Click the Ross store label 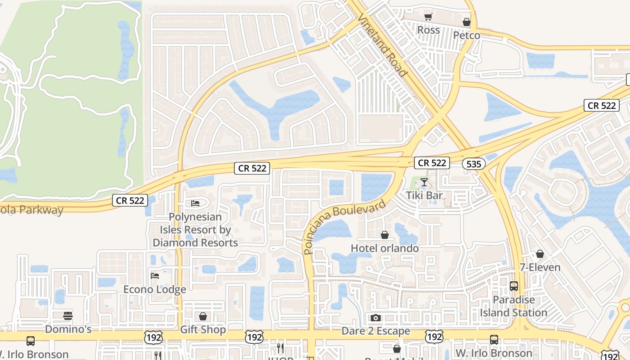click(x=428, y=30)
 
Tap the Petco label click(x=467, y=35)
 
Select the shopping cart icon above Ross click(x=428, y=17)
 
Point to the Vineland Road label click(x=382, y=45)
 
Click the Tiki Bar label click(x=424, y=195)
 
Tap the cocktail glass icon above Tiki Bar click(x=424, y=182)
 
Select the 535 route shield click(x=474, y=164)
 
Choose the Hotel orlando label click(x=385, y=248)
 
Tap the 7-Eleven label click(x=540, y=267)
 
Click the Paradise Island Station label click(x=513, y=306)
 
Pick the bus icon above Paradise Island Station click(x=513, y=286)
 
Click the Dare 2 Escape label click(x=376, y=331)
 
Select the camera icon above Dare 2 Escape click(x=376, y=318)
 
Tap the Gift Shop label click(x=203, y=329)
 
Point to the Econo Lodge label click(x=155, y=289)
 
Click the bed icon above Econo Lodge click(x=155, y=275)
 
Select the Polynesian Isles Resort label click(x=195, y=229)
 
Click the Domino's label click(x=68, y=329)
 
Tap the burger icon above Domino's click(x=68, y=315)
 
